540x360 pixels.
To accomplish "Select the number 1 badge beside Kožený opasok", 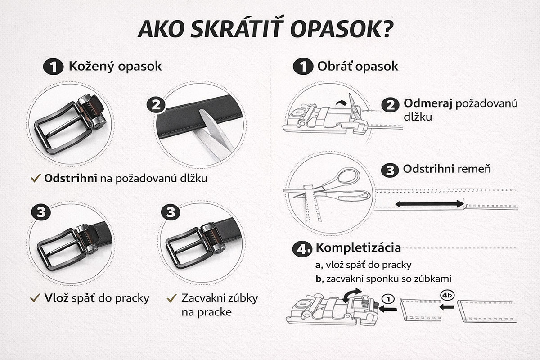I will tap(53, 67).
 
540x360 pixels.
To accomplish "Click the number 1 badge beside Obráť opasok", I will tap(303, 67).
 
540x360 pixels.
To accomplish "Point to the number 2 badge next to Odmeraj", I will tap(390, 105).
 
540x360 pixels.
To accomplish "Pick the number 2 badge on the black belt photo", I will tap(156, 105).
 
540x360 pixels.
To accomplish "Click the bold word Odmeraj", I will tap(427, 103).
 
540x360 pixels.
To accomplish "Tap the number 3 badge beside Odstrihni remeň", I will tap(390, 171).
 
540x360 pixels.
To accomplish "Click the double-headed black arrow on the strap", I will tap(429, 204).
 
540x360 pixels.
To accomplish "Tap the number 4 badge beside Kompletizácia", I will tap(303, 249).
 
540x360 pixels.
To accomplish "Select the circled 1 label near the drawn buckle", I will tap(388, 298).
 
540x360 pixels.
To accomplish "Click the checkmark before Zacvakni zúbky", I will tap(171, 298).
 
